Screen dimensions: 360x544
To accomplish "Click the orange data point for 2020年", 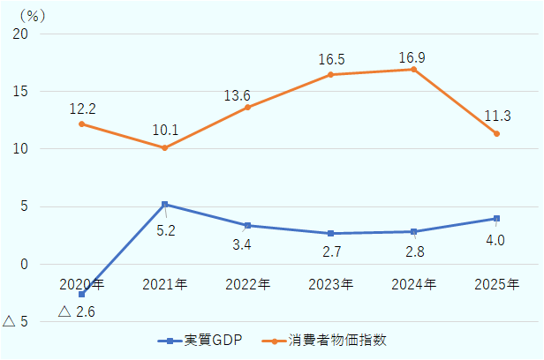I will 81,124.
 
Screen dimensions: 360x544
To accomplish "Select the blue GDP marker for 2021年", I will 164,205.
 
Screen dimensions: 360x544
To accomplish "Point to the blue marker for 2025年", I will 496,218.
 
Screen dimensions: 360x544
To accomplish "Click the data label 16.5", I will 331,60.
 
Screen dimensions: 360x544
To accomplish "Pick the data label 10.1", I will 165,131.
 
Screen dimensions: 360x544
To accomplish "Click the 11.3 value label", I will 496,116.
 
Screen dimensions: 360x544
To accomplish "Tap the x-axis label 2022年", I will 248,284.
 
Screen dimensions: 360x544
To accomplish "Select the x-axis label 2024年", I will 413,284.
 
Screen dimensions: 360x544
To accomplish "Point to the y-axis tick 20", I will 20,34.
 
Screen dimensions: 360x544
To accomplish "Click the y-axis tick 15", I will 20,92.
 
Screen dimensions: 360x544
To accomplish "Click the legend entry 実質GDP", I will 208,340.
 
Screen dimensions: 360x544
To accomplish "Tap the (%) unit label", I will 32,14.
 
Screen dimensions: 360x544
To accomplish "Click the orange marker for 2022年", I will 247,108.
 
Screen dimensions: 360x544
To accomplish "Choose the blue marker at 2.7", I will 330,234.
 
